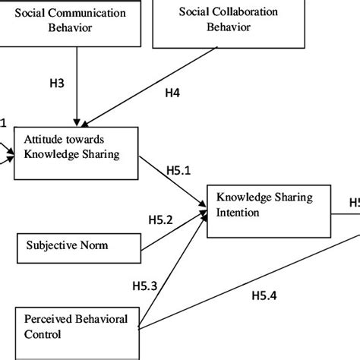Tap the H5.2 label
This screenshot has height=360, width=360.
(x=159, y=219)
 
